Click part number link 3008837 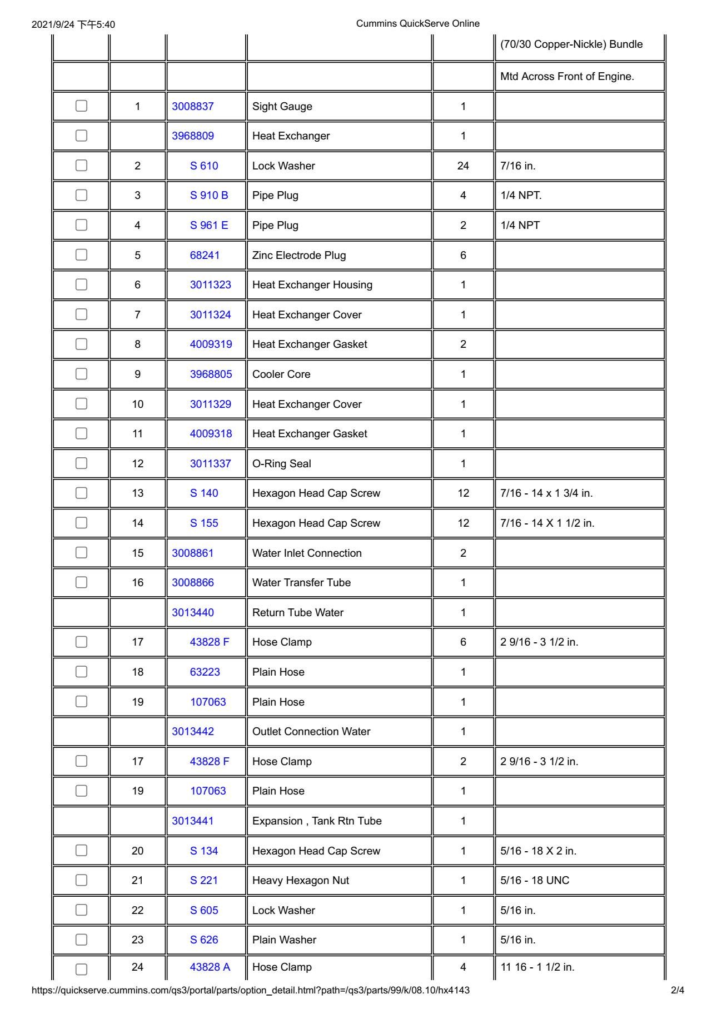193,106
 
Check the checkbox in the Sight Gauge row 81,106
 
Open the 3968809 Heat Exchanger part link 193,136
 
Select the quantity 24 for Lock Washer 463,166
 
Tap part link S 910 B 209,196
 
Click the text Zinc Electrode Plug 299,255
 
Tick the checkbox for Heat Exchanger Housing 81,284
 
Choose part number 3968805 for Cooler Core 211,374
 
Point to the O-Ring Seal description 282,463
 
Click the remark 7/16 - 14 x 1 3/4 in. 546,493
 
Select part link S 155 204,523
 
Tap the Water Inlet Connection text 307,553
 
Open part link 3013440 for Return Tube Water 193,612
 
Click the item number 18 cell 138,672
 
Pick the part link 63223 205,672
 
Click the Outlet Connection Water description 311,731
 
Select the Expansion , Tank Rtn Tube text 317,821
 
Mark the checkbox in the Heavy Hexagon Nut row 81,880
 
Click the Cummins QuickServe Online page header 417,23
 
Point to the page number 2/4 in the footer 678,990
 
